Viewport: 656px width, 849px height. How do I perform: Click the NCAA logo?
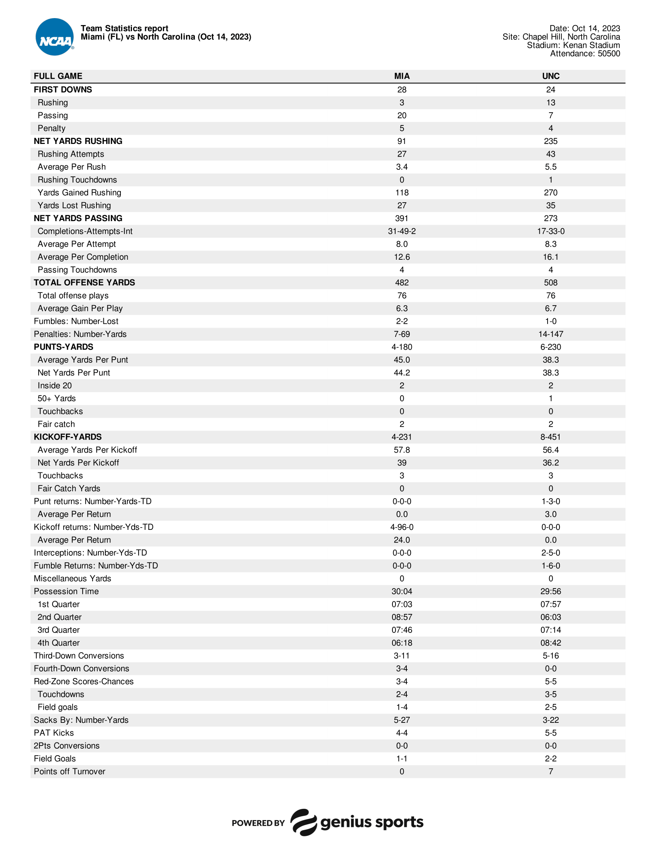click(x=54, y=37)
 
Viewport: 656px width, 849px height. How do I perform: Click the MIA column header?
click(x=401, y=76)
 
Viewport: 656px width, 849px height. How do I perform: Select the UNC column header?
click(x=550, y=76)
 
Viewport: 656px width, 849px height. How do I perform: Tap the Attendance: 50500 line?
click(x=585, y=54)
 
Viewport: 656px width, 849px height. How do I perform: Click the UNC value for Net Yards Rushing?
click(x=550, y=141)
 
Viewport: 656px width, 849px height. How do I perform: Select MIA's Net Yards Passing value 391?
click(x=401, y=218)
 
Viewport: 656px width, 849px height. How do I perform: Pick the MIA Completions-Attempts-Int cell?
click(x=401, y=231)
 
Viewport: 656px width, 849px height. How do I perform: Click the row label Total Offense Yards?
click(x=85, y=282)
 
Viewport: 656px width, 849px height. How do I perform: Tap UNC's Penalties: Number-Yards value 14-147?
click(x=550, y=334)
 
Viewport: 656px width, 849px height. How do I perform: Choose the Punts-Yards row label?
click(x=63, y=347)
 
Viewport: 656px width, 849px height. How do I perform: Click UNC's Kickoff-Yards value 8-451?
click(x=550, y=437)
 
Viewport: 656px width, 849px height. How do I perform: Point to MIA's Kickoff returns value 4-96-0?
click(x=401, y=527)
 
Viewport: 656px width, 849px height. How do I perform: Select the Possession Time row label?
click(x=66, y=591)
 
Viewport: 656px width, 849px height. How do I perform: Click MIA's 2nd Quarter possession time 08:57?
click(x=401, y=617)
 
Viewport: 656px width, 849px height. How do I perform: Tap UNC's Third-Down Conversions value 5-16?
click(x=550, y=656)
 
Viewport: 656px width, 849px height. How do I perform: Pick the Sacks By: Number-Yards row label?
click(x=81, y=720)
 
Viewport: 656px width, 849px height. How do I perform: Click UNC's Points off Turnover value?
click(x=550, y=771)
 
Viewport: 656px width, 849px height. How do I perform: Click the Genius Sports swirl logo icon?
click(x=304, y=822)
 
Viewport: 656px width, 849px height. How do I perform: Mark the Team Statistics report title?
click(x=124, y=29)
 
